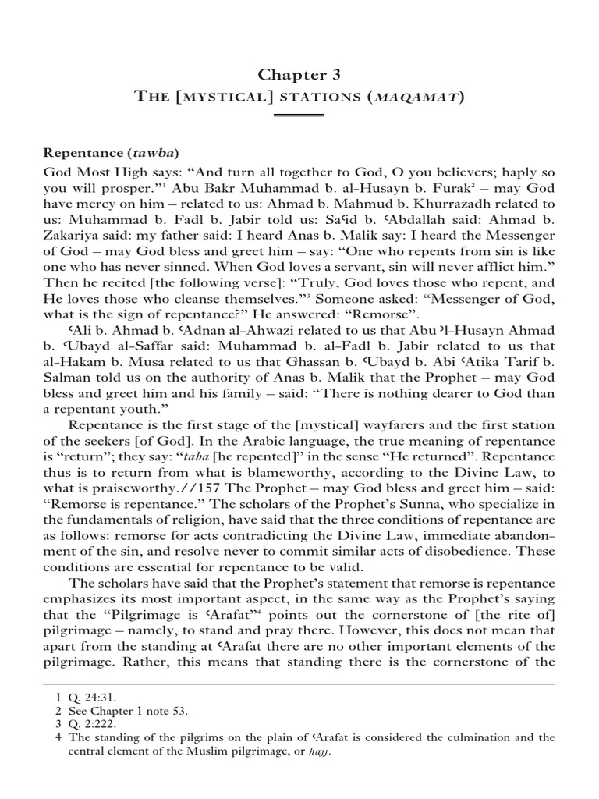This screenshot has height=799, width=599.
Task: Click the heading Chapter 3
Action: (x=299, y=74)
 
